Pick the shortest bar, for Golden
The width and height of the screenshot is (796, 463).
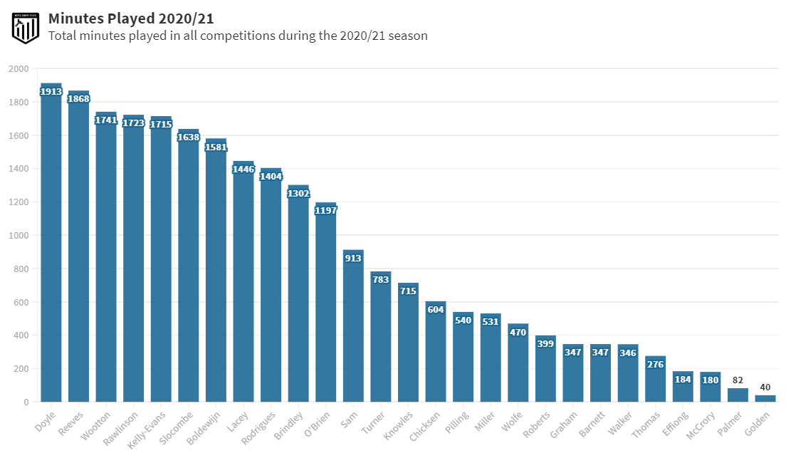(x=765, y=398)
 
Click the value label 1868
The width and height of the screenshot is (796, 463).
(x=78, y=99)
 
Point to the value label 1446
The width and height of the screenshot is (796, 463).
(x=243, y=170)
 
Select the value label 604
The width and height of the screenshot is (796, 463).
(x=436, y=309)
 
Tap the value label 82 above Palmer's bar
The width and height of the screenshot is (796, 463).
(x=738, y=380)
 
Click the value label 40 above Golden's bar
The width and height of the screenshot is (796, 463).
(x=765, y=387)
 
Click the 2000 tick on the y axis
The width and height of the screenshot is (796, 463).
(x=19, y=69)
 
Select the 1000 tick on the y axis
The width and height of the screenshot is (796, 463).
(x=19, y=236)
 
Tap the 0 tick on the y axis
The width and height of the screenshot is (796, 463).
(x=26, y=402)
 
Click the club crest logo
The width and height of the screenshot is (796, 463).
(x=25, y=27)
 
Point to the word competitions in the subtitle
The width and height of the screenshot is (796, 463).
(x=229, y=36)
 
